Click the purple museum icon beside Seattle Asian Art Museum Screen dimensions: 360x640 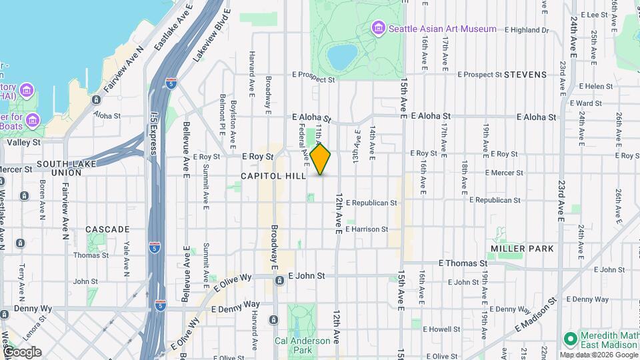pos(379,29)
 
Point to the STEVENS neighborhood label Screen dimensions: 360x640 pos(525,75)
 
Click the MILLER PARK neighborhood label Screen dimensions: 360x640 pos(522,248)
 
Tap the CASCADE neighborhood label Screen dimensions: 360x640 pos(107,229)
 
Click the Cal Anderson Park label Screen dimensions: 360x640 pos(302,345)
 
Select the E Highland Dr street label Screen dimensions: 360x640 pos(527,30)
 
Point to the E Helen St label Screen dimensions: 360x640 pos(595,87)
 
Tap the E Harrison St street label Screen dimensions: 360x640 pos(366,229)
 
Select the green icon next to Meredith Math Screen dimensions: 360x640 pos(570,339)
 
